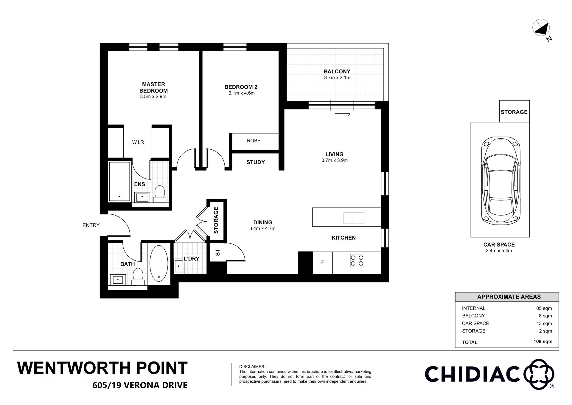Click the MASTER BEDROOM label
point(153,87)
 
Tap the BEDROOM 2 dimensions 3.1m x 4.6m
point(241,93)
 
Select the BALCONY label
point(337,72)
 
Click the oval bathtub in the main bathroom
point(159,264)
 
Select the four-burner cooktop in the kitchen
point(357,261)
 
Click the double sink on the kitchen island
point(354,218)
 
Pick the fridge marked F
point(322,263)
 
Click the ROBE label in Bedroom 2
point(254,141)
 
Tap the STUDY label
point(256,162)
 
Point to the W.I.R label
point(138,142)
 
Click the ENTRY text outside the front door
point(91,225)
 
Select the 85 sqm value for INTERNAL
point(544,308)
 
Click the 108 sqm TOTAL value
point(543,341)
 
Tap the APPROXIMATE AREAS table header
point(509,297)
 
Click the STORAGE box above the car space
point(514,112)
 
